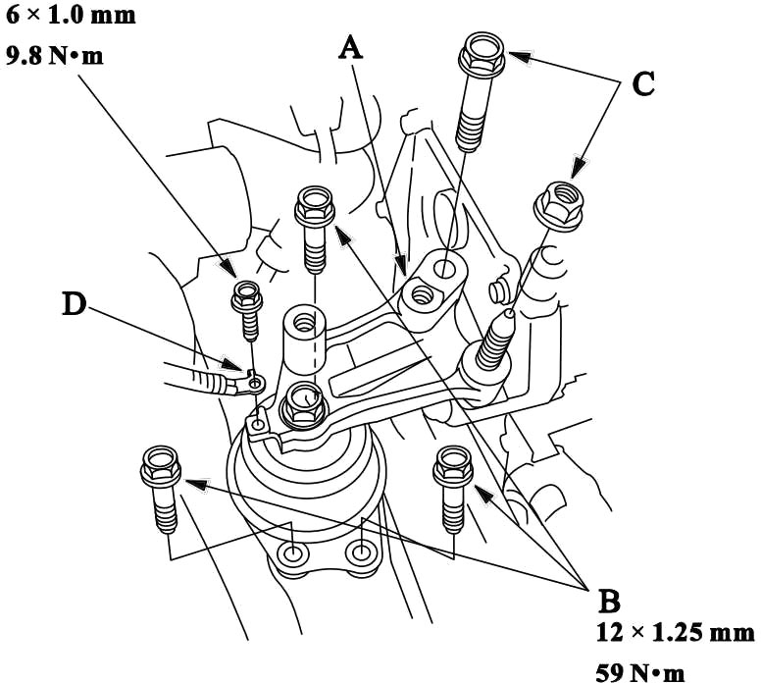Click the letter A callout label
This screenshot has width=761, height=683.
(x=350, y=49)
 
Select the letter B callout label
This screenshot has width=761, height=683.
(x=609, y=601)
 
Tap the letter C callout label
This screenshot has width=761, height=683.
(x=643, y=84)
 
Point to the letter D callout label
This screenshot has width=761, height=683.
(x=75, y=304)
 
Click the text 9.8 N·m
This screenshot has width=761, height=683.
(x=54, y=55)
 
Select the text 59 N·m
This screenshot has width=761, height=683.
(x=640, y=672)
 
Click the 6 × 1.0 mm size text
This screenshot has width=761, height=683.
(x=70, y=15)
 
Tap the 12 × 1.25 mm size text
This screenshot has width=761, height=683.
(x=675, y=632)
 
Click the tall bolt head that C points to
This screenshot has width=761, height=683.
(x=482, y=54)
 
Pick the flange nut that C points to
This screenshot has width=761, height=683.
(x=558, y=204)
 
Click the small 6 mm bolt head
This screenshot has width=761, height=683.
(x=247, y=296)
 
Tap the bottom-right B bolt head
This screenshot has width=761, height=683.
(x=453, y=465)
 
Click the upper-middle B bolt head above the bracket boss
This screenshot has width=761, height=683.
(x=315, y=207)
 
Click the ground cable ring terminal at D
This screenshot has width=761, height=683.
(x=253, y=384)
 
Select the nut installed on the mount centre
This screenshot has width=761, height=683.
(x=303, y=405)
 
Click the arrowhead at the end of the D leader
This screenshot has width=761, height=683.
(x=232, y=365)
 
